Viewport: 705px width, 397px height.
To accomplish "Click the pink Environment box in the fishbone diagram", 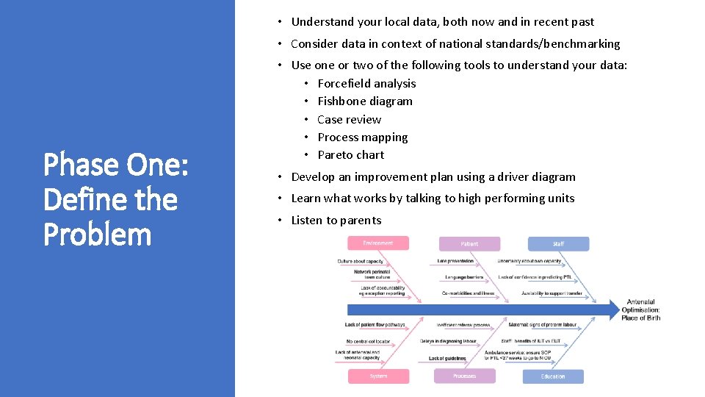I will pos(378,243).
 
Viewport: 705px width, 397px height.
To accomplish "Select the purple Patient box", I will pos(469,244).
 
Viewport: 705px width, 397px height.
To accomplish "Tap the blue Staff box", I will pos(558,244).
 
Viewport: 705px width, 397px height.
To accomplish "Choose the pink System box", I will pos(378,376).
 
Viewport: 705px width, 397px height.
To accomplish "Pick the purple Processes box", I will pos(464,376).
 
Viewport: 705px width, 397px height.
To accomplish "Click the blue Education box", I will pos(553,376).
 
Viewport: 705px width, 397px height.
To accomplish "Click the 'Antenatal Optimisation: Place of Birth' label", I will pos(640,310).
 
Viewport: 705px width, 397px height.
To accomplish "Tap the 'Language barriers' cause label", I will pos(464,277).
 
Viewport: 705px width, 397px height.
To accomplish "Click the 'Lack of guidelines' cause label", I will pos(447,358).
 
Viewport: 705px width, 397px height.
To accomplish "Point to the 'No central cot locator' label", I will pos(369,341).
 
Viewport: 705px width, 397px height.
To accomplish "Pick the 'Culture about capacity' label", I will pos(361,261).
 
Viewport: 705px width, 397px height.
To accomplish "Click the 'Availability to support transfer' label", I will pos(552,293).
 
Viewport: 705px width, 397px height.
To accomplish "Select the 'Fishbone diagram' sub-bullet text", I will pos(365,101).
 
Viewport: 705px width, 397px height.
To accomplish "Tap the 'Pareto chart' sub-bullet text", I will pos(350,155).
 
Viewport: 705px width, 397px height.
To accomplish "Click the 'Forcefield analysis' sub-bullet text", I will pos(366,84).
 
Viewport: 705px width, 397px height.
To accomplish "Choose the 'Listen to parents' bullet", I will pos(336,221).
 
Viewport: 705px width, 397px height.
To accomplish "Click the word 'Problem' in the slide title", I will pos(97,235).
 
